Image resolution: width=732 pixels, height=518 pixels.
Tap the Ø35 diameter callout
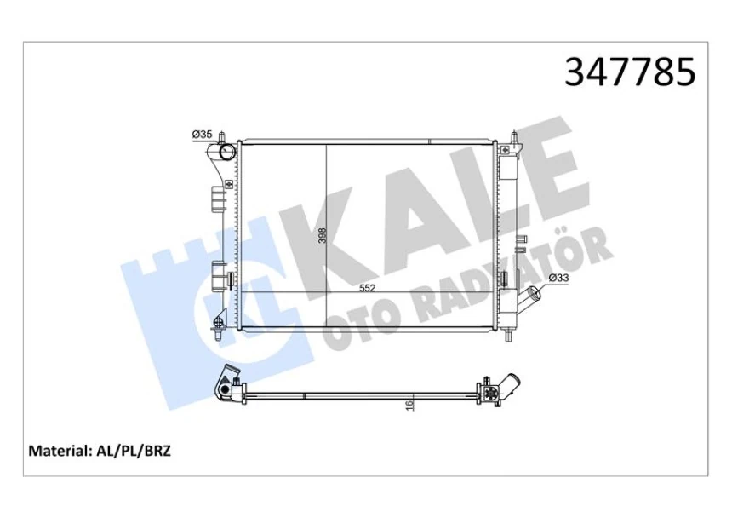click(x=202, y=134)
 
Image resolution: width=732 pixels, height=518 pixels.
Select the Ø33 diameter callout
click(x=558, y=278)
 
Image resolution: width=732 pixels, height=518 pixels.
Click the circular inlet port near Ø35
click(x=226, y=153)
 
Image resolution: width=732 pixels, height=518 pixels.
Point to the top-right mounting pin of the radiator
click(x=514, y=138)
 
